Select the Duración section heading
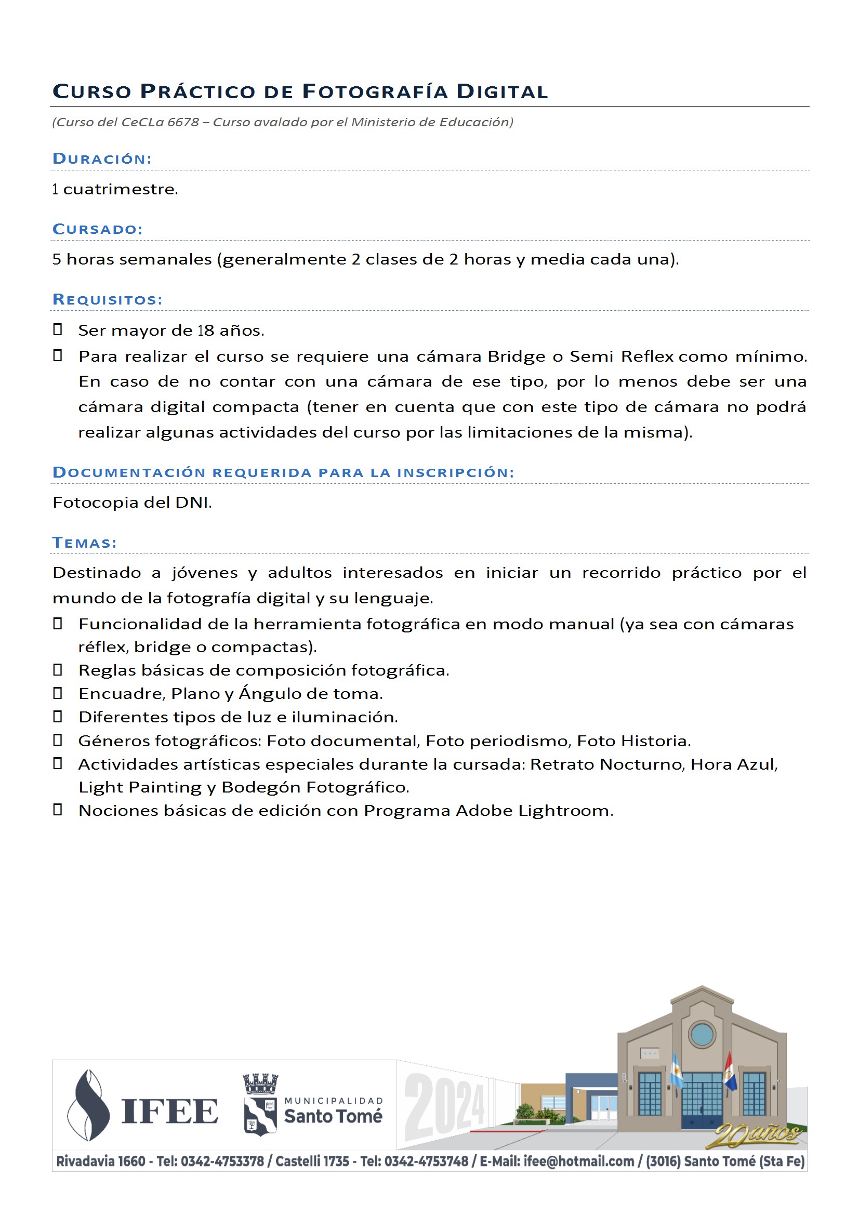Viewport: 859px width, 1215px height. point(102,159)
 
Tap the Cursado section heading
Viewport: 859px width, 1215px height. point(98,229)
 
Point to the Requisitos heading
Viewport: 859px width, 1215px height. point(108,299)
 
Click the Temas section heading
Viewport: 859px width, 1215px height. point(85,543)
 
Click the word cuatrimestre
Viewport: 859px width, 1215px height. point(120,189)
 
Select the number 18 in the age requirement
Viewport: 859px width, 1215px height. point(205,330)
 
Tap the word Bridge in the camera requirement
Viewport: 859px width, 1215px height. point(516,356)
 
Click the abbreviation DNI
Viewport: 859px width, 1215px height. point(193,502)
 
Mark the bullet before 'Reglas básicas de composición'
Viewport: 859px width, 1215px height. point(58,669)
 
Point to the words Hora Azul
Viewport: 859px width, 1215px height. point(734,764)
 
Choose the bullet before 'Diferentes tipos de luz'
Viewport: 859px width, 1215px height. point(58,716)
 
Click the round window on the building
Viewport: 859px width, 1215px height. point(702,1035)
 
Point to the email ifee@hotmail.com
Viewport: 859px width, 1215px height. point(578,1161)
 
